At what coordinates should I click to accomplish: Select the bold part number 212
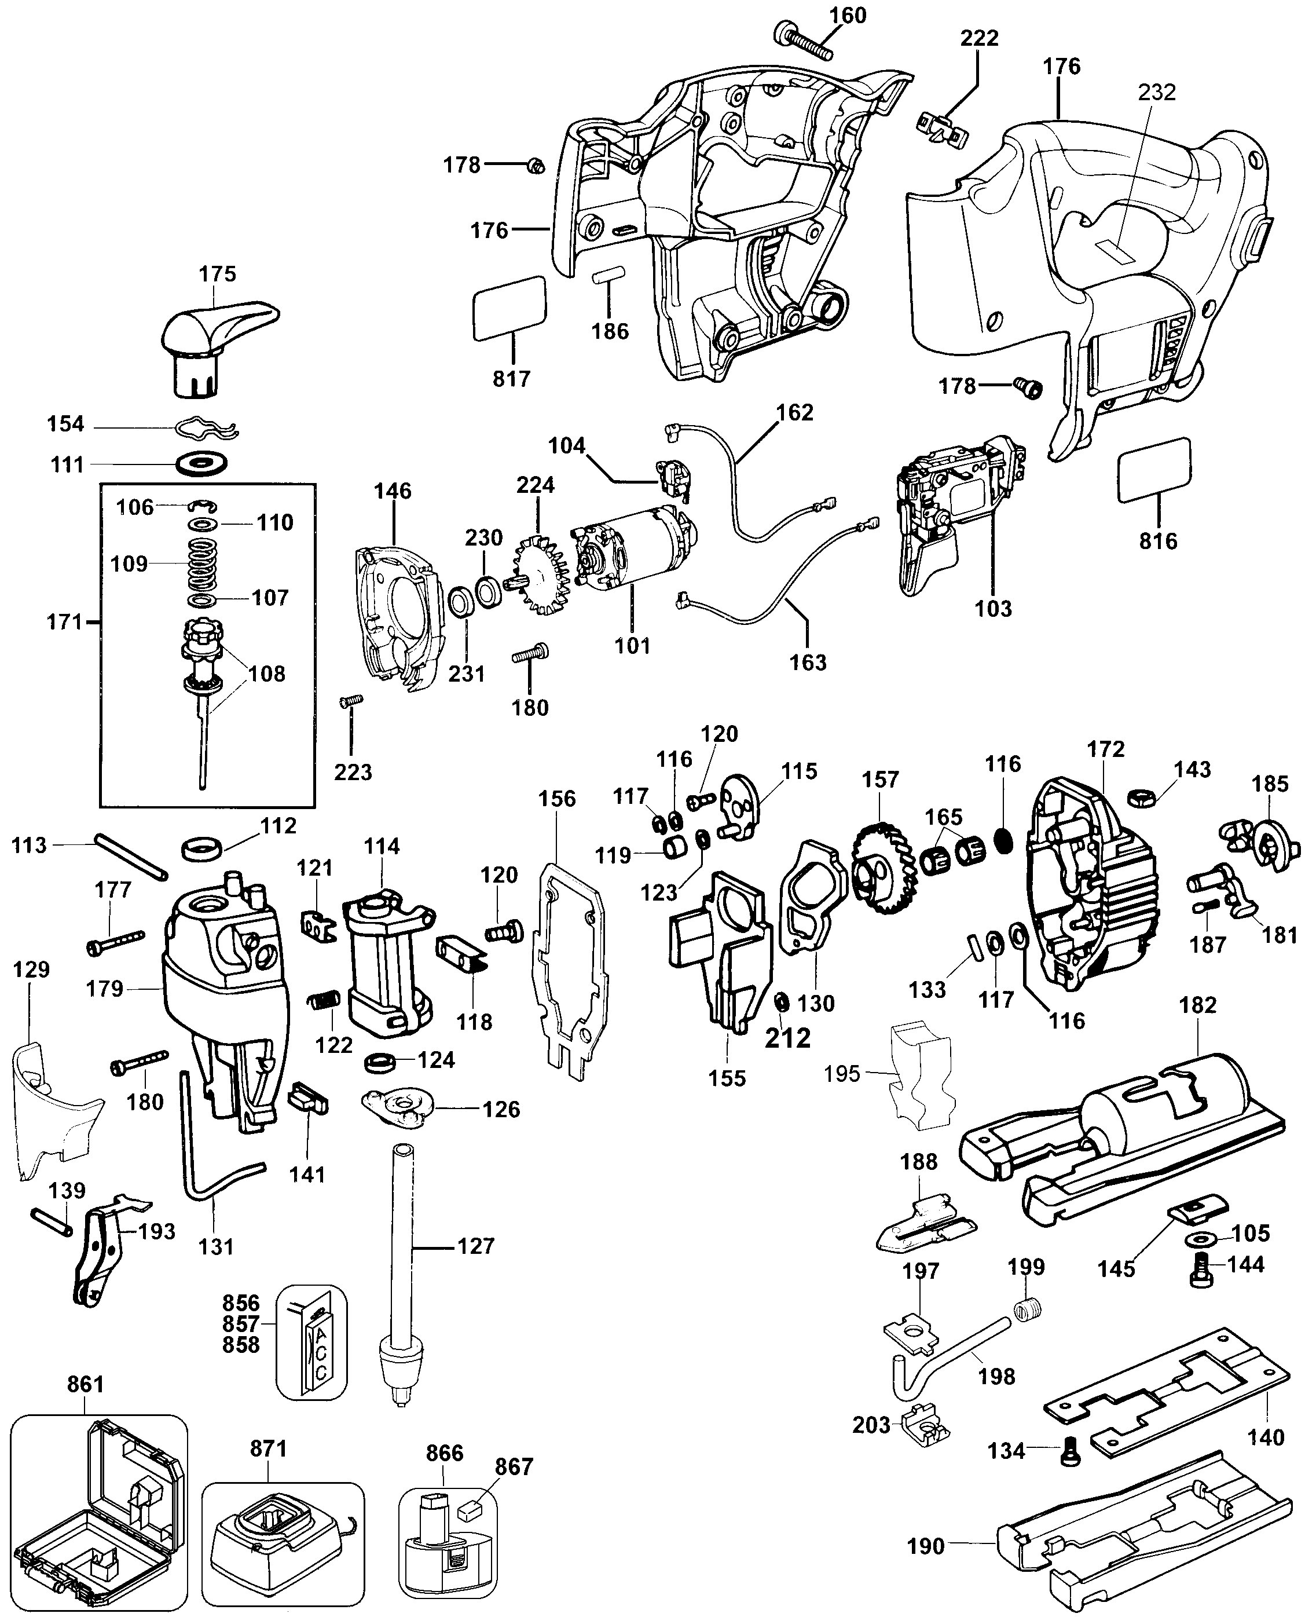pyautogui.click(x=788, y=1038)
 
